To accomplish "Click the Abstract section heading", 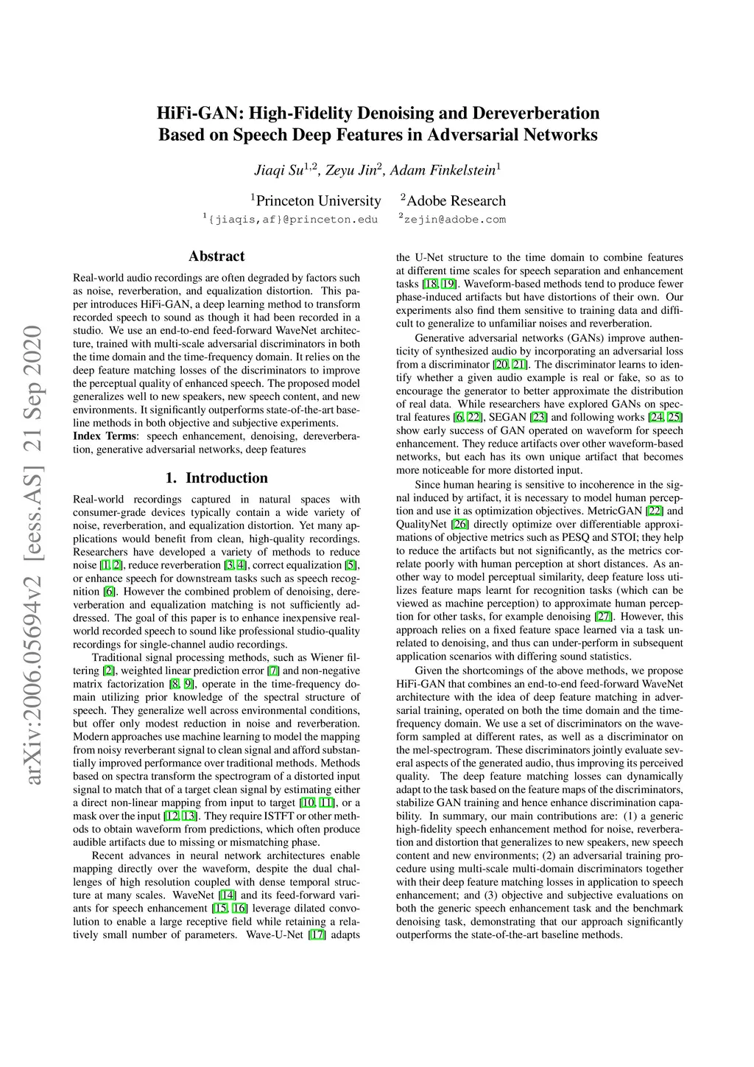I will pos(216,256).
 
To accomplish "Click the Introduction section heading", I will pos(216,478).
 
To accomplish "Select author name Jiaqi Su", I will pos(279,170).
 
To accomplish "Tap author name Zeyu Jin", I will pos(350,170).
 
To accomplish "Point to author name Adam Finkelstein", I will pos(443,170).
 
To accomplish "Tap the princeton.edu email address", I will pos(293,220).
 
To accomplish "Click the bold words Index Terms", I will pos(105,436).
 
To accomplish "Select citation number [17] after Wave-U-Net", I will pos(317,935).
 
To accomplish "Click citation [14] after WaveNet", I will pos(228,895).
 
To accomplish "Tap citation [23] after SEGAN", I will pos(539,417).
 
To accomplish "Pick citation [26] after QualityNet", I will pos(460,524).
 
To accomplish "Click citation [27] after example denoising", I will pos(603,617).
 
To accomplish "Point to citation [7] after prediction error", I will pos(273,671).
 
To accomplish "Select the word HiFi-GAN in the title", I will pos(200,113).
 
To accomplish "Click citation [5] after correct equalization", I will pos(350,565).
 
